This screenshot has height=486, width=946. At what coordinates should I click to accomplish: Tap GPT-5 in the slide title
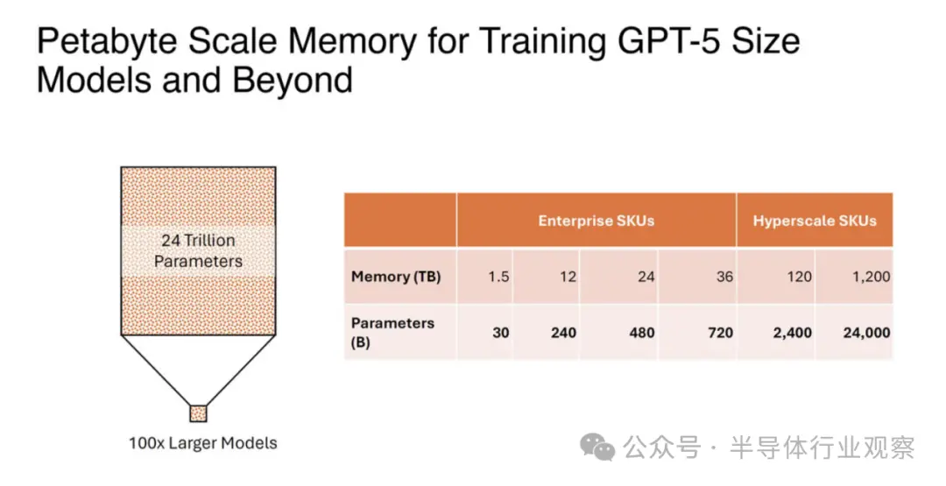tap(659, 40)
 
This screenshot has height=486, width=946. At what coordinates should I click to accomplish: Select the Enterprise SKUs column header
tap(597, 221)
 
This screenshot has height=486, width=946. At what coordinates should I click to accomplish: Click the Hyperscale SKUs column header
tap(815, 221)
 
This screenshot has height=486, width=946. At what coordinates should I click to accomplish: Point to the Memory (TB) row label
tap(396, 277)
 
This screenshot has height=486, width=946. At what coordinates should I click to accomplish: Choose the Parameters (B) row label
tap(392, 332)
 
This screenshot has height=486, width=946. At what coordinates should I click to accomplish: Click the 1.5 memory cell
tap(498, 277)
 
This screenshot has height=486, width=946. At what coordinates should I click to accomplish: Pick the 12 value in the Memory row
tap(568, 277)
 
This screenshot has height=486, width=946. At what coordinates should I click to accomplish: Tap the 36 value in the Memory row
tap(724, 277)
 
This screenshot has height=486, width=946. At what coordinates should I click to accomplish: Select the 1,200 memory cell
tap(872, 277)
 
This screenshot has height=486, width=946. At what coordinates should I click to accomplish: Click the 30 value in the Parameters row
tap(501, 332)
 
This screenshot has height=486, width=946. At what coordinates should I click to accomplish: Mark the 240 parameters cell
tap(563, 332)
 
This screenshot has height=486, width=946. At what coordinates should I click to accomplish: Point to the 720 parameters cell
tap(720, 332)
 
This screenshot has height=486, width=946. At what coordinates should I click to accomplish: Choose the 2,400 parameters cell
tap(792, 332)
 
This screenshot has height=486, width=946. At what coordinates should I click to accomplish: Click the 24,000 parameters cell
tap(867, 332)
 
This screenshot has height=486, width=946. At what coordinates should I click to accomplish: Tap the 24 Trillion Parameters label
tap(198, 250)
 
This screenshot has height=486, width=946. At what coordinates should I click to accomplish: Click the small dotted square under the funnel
tap(199, 413)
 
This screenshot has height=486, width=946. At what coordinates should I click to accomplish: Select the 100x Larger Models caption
tap(202, 443)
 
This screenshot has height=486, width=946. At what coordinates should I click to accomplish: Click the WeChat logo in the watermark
tap(597, 447)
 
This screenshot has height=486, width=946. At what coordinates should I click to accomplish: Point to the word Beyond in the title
tap(293, 81)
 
